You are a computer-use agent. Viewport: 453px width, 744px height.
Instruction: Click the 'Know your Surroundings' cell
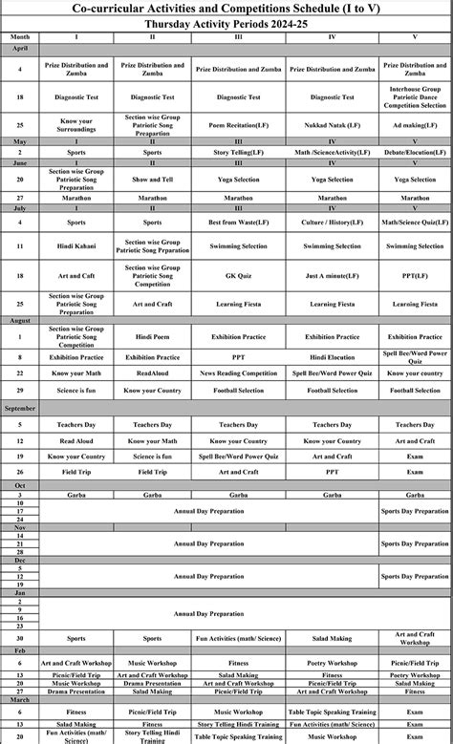(x=75, y=124)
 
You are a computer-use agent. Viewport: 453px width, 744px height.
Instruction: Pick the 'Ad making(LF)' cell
(x=415, y=124)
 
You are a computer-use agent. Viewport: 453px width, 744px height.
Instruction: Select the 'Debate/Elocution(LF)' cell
(x=415, y=152)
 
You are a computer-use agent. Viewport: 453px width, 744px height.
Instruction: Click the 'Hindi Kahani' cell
(x=75, y=246)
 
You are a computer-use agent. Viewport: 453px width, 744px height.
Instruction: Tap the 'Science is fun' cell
(x=75, y=391)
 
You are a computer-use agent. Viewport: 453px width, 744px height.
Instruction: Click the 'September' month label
(x=20, y=408)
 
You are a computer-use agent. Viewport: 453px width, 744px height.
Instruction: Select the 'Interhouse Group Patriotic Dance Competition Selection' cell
(x=415, y=97)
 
